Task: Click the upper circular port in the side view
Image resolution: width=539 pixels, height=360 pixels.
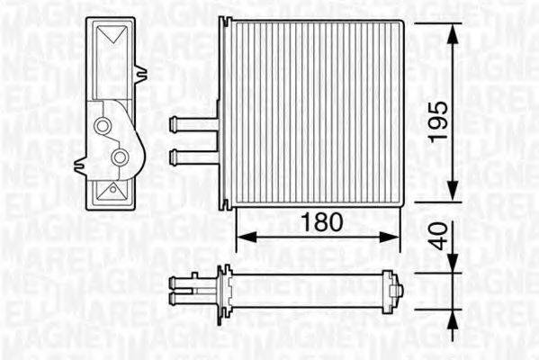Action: [x=104, y=126]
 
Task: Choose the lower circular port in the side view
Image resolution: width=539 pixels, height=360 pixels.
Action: [x=121, y=158]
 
